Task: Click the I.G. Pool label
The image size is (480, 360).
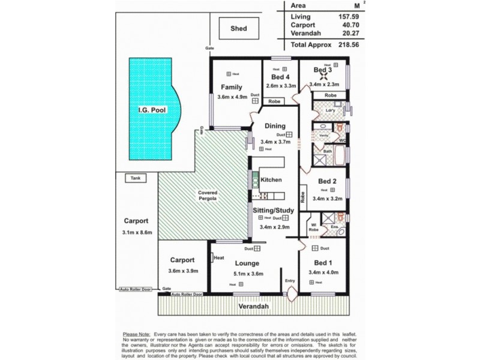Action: click(x=149, y=110)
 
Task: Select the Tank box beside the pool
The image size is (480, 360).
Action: click(x=134, y=178)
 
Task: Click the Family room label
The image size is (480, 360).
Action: click(x=231, y=87)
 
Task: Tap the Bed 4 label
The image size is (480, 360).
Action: click(x=280, y=77)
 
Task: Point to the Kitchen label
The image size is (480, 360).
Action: click(x=271, y=179)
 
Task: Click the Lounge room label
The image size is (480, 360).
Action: click(x=247, y=263)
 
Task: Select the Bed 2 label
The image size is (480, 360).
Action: click(x=327, y=181)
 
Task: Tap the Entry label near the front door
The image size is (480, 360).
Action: click(x=290, y=280)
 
